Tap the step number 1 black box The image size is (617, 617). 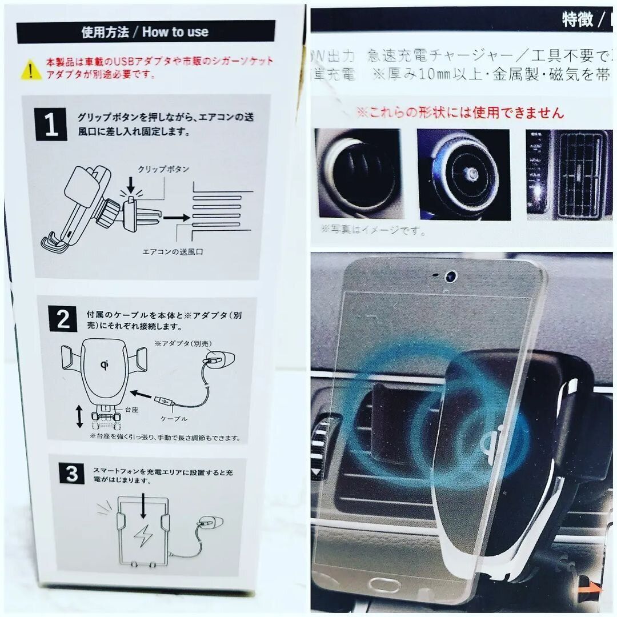coord(51,126)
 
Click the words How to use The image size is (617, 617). coord(175,32)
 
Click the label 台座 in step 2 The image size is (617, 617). coord(130,410)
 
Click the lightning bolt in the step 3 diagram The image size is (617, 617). coord(141,536)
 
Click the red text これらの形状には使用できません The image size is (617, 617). coord(459,113)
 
